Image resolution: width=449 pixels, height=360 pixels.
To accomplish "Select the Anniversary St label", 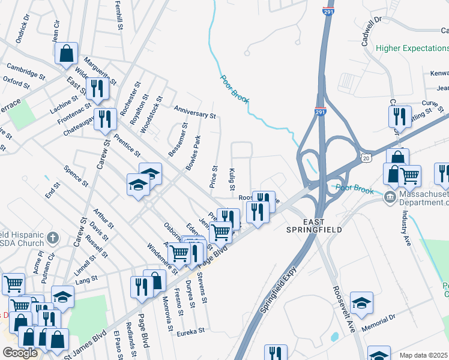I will pos(194,112).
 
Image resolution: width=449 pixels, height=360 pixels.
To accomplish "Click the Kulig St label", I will pos(232,179).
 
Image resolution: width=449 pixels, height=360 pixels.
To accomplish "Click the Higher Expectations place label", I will pos(412,48).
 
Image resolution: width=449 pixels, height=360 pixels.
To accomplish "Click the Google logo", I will pos(20,353).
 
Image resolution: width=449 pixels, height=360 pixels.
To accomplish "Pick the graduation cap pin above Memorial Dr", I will pos(361,302).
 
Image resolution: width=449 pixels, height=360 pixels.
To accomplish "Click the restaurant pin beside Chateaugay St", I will pos(105,118).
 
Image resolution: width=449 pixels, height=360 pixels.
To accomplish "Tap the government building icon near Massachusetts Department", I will pos(390,196).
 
